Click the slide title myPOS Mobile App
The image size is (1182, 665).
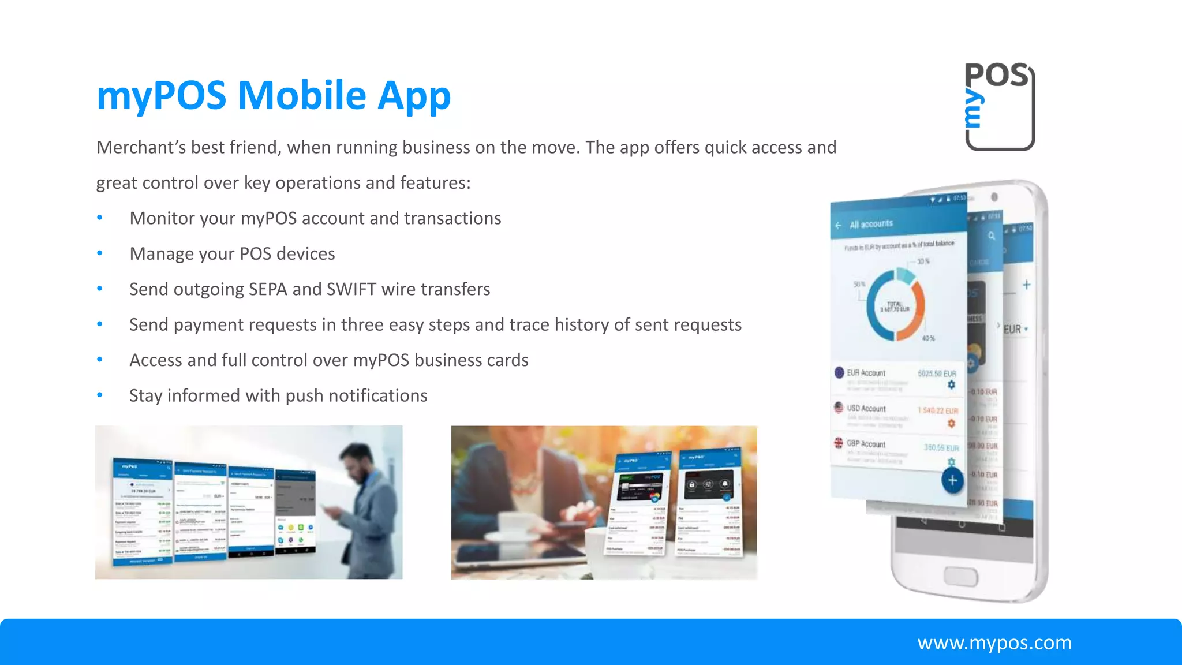273,95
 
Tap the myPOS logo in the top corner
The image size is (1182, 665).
999,106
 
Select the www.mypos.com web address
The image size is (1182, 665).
994,642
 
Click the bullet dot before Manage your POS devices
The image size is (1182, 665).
100,253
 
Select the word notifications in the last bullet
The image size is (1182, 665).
378,396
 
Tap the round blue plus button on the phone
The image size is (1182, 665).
952,480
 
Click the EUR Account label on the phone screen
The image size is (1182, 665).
866,373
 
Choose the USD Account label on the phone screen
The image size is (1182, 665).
866,408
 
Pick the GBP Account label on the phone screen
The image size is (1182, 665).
866,444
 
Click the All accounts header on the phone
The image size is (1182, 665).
871,224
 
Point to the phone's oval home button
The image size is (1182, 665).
961,576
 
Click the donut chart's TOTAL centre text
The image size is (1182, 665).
895,307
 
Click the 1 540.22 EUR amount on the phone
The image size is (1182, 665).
937,410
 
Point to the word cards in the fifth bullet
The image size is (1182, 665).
508,360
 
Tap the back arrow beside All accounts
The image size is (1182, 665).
838,225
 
